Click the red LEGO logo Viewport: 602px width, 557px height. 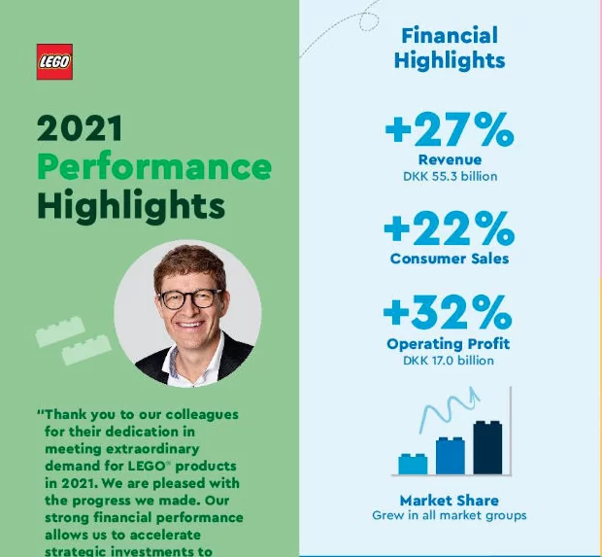tap(54, 61)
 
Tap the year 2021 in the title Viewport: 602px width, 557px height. tap(80, 128)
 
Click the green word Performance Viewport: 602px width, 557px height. tap(154, 167)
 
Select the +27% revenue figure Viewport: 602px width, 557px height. tap(450, 129)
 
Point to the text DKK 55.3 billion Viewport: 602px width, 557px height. tap(450, 177)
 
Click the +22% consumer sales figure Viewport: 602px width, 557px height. tap(450, 228)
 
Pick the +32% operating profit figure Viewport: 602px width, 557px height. tap(448, 312)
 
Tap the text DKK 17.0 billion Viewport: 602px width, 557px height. tap(449, 361)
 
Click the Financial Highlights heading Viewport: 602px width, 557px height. tap(450, 48)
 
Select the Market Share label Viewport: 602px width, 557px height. tap(450, 501)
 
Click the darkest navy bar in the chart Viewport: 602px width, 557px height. tap(487, 447)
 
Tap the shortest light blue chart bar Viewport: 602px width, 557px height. tap(413, 464)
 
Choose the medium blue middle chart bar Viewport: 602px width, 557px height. tap(451, 456)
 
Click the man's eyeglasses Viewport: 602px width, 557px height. tap(190, 299)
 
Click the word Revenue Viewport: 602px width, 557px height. tap(450, 159)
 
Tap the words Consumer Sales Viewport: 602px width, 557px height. tap(450, 259)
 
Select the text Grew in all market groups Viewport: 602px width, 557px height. tap(450, 515)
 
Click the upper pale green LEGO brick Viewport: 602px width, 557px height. tap(60, 331)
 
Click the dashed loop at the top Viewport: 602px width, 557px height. tap(369, 22)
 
